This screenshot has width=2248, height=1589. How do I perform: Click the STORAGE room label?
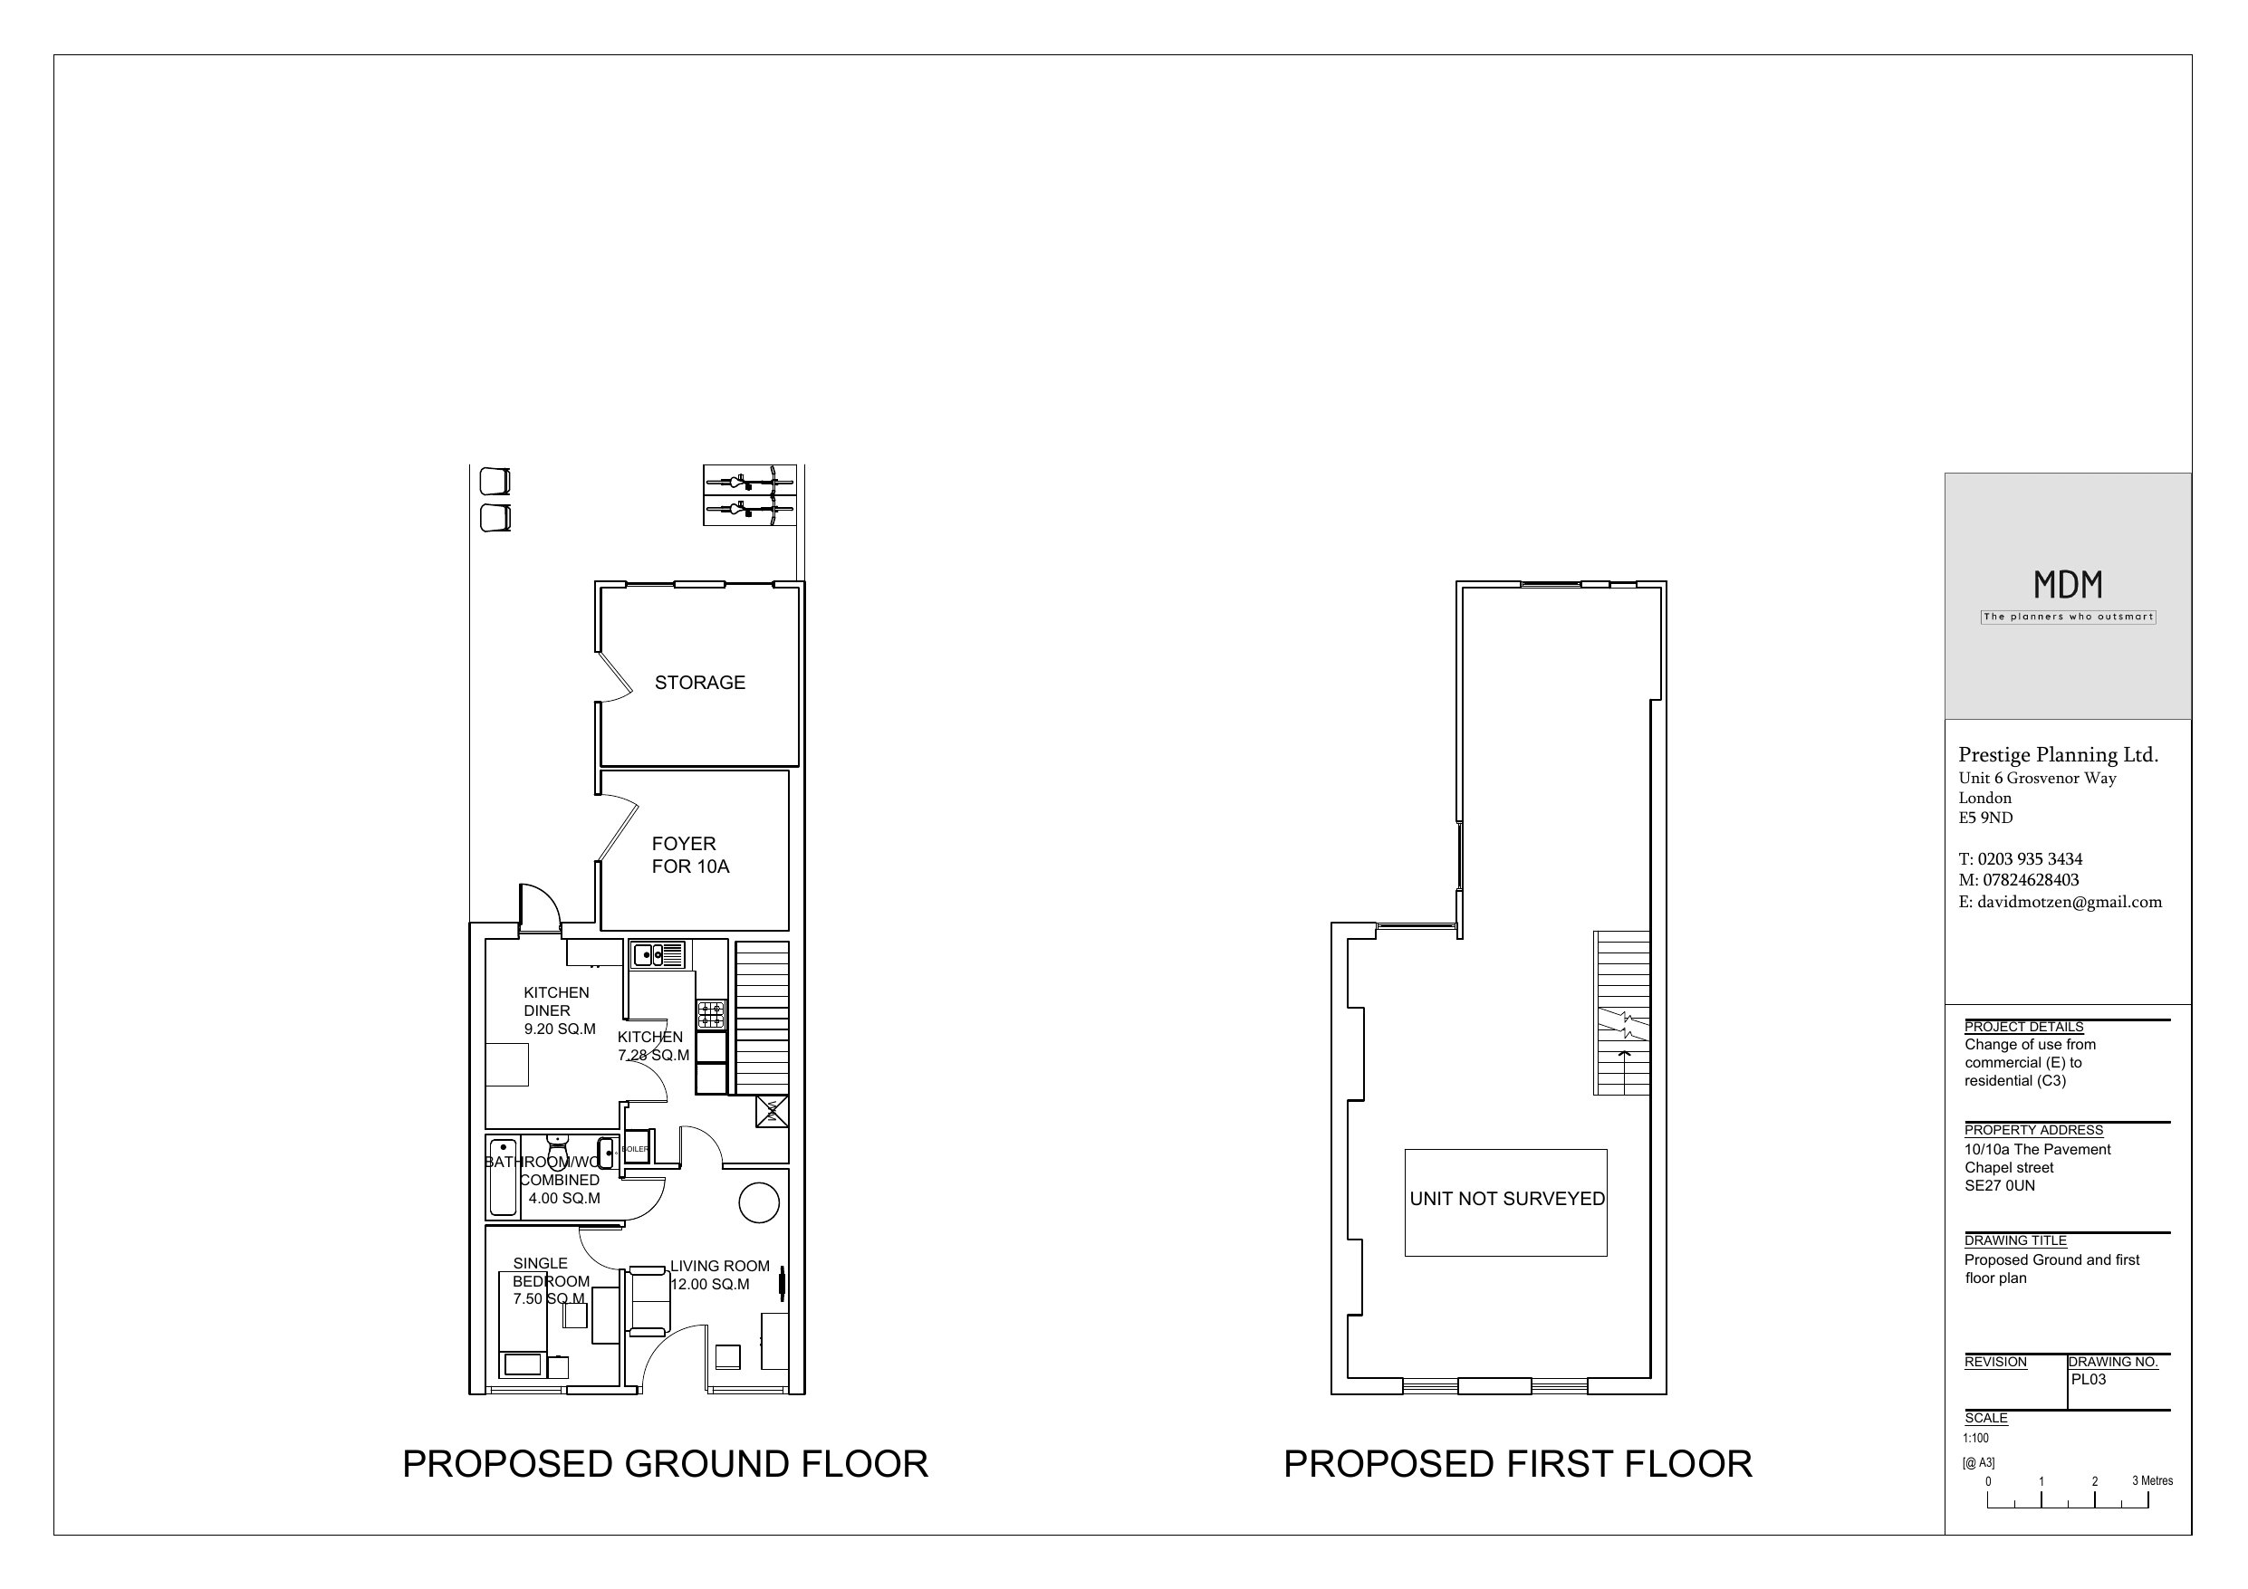(x=699, y=683)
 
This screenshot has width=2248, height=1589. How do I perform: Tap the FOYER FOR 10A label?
(x=689, y=855)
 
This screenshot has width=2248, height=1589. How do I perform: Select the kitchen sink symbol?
(x=658, y=953)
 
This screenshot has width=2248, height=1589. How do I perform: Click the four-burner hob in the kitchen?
(x=711, y=1014)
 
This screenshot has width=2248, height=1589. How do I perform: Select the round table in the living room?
(x=758, y=1203)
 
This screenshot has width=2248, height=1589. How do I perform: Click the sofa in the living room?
(x=648, y=1301)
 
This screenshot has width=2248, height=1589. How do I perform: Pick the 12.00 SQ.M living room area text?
(x=710, y=1285)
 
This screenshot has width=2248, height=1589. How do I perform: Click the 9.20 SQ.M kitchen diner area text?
(x=559, y=1029)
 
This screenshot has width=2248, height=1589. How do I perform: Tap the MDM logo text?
(x=2067, y=586)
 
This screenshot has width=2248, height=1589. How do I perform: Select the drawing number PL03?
(x=2089, y=1380)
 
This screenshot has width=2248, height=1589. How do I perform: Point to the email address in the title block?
(x=2059, y=902)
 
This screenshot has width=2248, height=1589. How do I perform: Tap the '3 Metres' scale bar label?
(x=2152, y=1480)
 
